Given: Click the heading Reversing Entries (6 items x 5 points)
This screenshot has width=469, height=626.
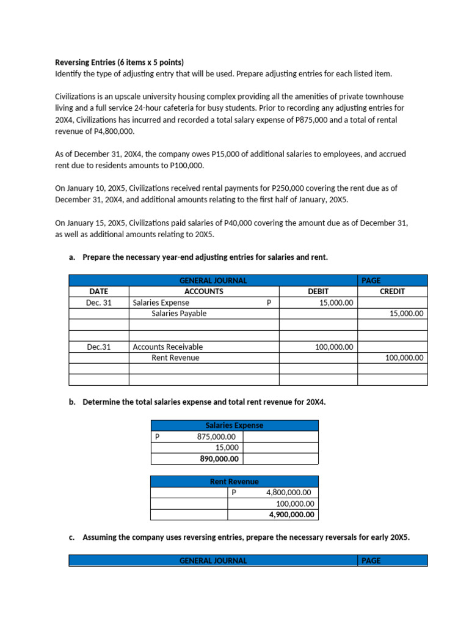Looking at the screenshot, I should pos(119,62).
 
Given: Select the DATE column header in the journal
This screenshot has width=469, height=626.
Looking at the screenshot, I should pos(98,292).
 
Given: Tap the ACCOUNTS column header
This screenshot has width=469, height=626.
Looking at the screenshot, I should pos(203,292).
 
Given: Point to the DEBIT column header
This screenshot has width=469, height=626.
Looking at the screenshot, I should pos(318,292).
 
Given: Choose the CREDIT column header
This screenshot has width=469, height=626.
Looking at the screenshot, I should pos(392,292).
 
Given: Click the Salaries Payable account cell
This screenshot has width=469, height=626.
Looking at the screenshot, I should pos(179,314).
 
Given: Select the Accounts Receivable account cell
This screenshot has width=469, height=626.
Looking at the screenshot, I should pos(168,347).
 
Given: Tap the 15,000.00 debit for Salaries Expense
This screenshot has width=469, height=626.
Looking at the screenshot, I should pos(336,303).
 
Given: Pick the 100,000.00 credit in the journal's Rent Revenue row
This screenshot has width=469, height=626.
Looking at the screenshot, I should pos(404,358).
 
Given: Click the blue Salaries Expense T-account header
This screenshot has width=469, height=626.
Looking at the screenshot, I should pos(234,425).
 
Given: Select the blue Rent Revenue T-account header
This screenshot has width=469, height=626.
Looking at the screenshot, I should pos(234,482).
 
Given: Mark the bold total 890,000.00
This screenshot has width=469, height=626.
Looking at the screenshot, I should pos(219,459).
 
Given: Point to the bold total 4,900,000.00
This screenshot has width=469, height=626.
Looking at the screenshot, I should pos(292,515).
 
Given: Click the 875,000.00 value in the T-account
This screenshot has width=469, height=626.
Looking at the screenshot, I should pos(217,436).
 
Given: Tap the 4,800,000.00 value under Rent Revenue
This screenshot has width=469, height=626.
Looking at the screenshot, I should pos(288,492).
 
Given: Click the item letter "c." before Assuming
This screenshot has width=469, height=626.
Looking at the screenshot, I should pos(72,537).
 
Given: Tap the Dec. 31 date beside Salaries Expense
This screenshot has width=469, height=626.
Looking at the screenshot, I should pos(99,303).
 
